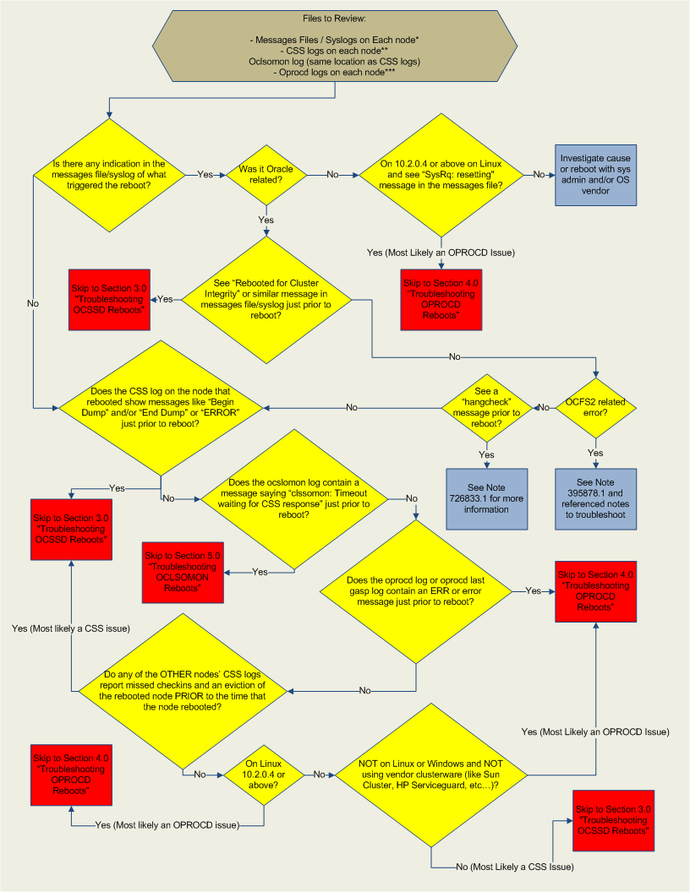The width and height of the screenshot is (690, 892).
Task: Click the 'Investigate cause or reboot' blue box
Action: click(x=596, y=175)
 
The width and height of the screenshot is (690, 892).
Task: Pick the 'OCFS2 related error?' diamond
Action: click(x=596, y=407)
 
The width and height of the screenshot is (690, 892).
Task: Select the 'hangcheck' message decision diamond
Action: click(x=487, y=407)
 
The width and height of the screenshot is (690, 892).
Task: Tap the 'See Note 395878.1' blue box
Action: click(x=596, y=498)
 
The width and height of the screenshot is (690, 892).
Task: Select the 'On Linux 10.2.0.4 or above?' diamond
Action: click(x=266, y=773)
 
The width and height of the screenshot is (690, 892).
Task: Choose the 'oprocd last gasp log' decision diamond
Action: click(x=416, y=591)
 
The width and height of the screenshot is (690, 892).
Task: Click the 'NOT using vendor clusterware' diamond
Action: click(x=432, y=773)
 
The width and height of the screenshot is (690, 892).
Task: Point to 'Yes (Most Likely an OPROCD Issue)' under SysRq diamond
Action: click(x=441, y=253)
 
